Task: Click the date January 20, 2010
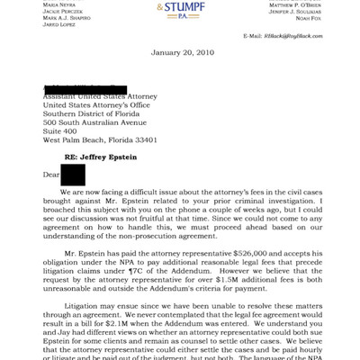180,53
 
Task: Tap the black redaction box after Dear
73,175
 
